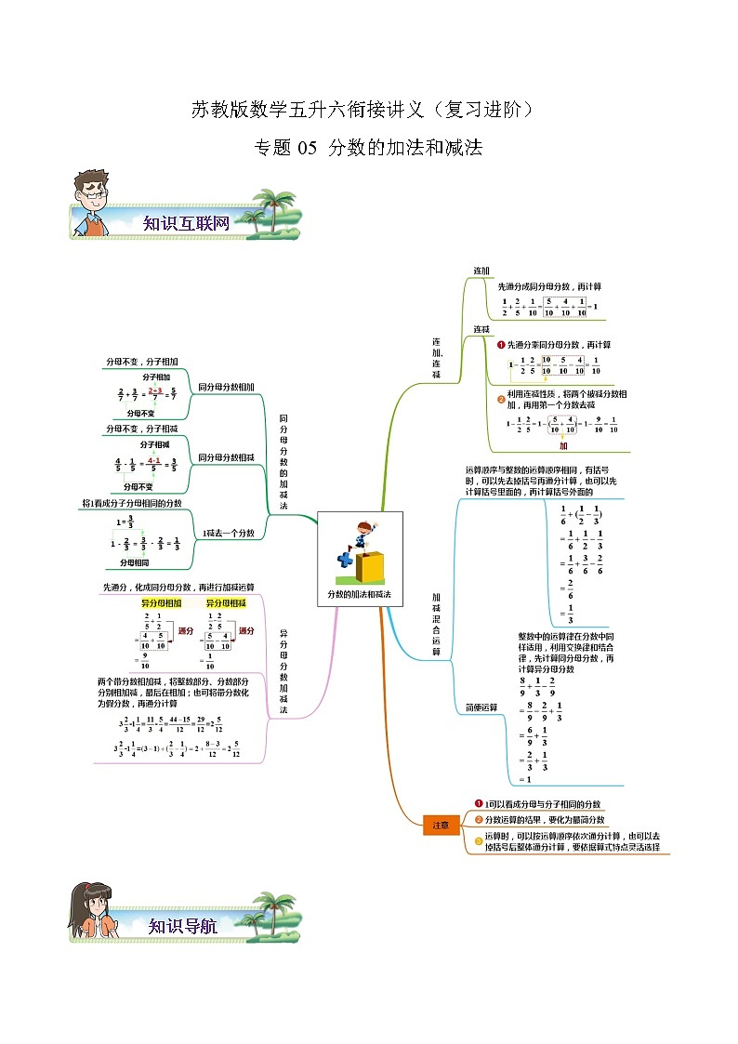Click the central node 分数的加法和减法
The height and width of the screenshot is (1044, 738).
(359, 593)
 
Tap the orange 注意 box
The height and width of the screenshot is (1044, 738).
(442, 825)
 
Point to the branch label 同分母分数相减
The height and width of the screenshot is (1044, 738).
(226, 457)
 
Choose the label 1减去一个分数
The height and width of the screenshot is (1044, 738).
(229, 533)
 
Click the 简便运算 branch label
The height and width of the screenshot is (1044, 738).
(481, 707)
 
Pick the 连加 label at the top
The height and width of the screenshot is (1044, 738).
(481, 271)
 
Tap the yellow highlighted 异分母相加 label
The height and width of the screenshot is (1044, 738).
(162, 602)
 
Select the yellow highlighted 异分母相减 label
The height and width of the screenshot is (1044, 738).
(227, 602)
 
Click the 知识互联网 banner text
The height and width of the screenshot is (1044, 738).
(186, 223)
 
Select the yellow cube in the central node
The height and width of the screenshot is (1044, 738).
(371, 566)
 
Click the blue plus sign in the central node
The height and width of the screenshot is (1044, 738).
(346, 561)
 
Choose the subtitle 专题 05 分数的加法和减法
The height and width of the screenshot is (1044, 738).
(369, 147)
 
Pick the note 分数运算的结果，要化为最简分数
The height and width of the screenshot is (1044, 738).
(544, 820)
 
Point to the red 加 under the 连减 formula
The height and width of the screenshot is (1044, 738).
(562, 445)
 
